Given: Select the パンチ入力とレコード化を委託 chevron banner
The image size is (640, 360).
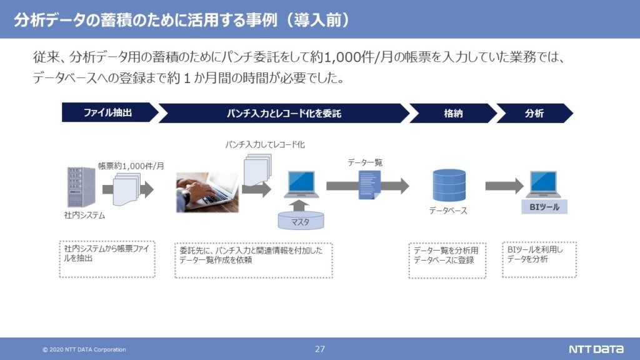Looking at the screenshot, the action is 284,113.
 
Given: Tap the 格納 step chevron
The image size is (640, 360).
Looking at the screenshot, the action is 453,113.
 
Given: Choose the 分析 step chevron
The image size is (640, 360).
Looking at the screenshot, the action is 534,113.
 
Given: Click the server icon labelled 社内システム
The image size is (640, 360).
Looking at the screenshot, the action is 81,187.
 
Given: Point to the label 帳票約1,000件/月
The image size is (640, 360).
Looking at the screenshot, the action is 131,166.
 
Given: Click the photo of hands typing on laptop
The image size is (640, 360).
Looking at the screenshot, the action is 207,192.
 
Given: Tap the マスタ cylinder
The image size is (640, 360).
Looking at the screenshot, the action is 301,221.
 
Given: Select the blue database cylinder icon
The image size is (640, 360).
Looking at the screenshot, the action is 449,186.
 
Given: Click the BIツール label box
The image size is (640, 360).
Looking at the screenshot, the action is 544,207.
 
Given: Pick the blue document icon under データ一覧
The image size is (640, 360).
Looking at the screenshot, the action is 370,185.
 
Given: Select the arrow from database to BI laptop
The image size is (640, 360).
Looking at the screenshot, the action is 504,186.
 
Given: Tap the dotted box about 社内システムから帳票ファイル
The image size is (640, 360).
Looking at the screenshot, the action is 107,259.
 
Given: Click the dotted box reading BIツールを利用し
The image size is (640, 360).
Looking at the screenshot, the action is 539,259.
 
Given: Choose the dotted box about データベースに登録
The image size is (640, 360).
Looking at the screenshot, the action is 447,261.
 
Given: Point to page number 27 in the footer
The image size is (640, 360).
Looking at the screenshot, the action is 320,349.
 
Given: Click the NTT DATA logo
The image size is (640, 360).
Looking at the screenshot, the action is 596,349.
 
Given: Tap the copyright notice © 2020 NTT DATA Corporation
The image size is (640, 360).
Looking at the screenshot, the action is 84,349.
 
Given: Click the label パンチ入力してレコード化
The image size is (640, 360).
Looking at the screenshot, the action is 265,144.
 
